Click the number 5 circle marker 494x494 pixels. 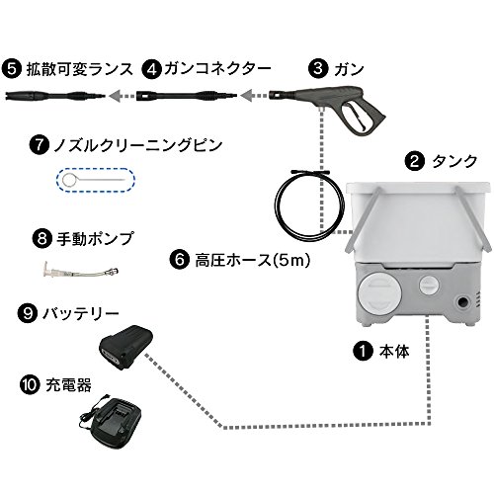12,69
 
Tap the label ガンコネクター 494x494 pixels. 217,69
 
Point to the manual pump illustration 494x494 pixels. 81,271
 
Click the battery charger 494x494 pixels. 113,424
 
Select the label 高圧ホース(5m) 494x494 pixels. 253,260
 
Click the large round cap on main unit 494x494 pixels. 380,294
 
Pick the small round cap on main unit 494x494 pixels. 429,285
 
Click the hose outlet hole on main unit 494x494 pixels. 461,301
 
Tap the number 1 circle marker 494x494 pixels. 363,351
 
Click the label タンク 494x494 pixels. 454,162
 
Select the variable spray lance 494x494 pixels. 55,96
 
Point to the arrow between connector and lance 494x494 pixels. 122,96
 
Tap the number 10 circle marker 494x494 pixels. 30,384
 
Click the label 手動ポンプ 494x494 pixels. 95,239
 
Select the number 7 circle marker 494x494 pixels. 39,144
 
